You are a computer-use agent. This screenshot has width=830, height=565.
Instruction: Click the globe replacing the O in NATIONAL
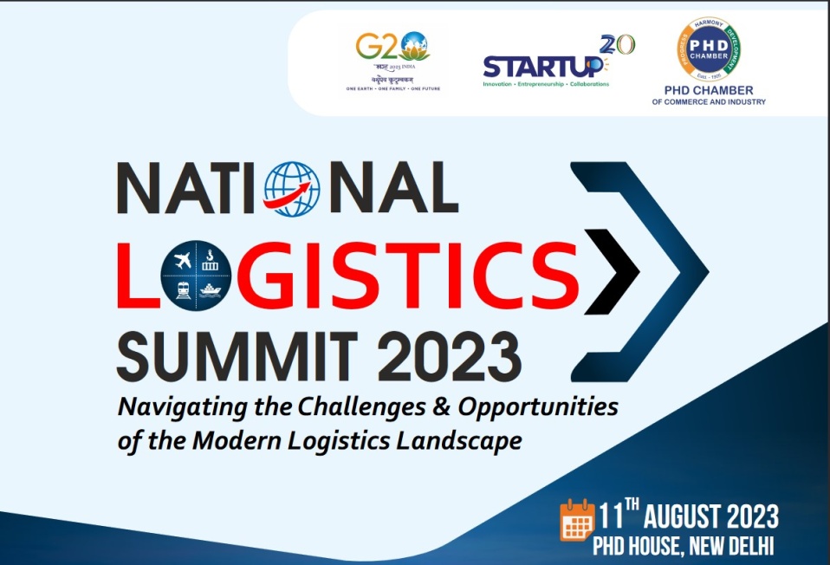click(292, 187)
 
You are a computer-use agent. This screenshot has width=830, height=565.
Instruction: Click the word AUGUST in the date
click(691, 517)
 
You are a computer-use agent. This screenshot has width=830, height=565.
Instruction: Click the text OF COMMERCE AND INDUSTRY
click(709, 102)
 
